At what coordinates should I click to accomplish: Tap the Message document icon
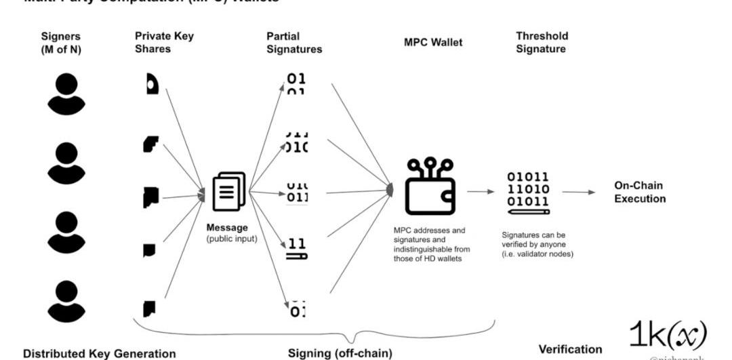[229, 192]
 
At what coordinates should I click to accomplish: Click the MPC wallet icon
[430, 187]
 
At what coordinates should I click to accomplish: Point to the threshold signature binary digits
[529, 189]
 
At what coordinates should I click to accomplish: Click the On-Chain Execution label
[640, 192]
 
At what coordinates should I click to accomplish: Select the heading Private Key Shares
[164, 42]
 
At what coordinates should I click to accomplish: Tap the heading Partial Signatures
[294, 42]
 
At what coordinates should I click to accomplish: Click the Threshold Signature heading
[542, 42]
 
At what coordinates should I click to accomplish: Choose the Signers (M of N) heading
[61, 42]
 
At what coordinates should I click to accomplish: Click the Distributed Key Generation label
[99, 353]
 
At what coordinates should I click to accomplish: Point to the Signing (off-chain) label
[340, 353]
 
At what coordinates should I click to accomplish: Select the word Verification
[570, 349]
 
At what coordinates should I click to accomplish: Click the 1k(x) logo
[668, 336]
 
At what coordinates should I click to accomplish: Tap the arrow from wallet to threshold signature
[481, 191]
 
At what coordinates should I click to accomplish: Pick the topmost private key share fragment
[151, 84]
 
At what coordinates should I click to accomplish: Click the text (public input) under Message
[232, 238]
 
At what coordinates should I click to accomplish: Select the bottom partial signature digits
[296, 309]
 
